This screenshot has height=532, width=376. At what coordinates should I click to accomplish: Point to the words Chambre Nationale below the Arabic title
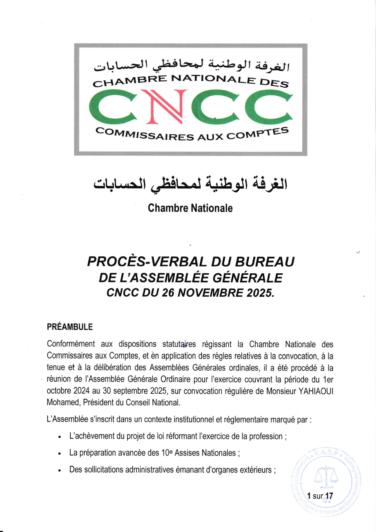190,208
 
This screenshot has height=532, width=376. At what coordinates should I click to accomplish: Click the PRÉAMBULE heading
70,327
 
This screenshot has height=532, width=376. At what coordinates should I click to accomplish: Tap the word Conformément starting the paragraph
71,344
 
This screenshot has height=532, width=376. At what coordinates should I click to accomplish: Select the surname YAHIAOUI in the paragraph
316,391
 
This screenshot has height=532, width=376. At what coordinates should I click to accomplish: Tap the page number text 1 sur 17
320,496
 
